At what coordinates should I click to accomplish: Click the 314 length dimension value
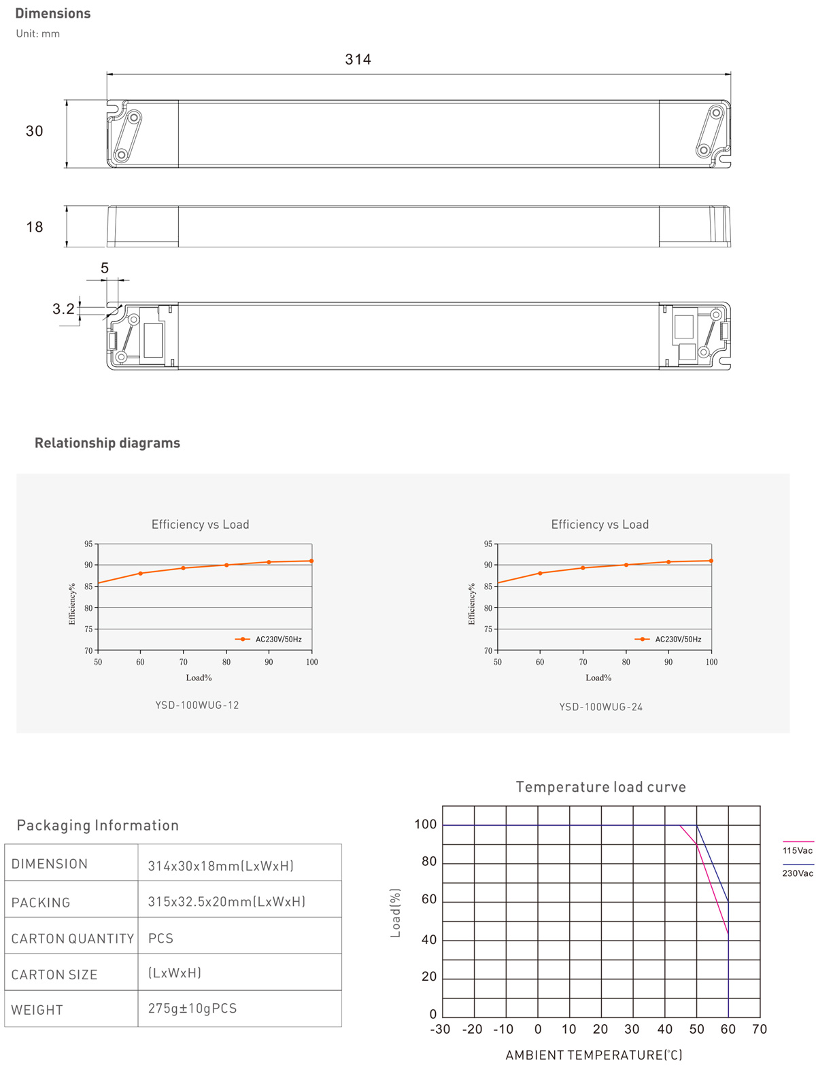(358, 60)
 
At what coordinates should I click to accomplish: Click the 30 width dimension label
(34, 131)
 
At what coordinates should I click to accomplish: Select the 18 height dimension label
(34, 227)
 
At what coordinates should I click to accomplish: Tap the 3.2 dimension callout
(63, 309)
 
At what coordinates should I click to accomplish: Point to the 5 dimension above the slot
(104, 268)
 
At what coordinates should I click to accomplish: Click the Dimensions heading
(52, 13)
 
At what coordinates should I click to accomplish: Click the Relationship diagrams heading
(107, 443)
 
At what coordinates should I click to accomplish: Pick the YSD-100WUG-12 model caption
(197, 705)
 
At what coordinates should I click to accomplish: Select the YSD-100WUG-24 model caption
(600, 707)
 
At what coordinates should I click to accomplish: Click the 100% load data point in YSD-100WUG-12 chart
(311, 561)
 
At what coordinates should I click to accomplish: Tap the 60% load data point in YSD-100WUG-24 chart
(540, 573)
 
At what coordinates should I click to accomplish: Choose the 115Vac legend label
(797, 850)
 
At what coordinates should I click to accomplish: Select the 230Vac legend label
(797, 873)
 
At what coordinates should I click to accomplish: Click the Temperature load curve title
(600, 787)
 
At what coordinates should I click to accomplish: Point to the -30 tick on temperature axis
(440, 1029)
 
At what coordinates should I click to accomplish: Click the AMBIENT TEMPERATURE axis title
(594, 1055)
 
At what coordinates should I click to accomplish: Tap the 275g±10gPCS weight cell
(192, 1008)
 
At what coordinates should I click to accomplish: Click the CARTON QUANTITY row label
(73, 939)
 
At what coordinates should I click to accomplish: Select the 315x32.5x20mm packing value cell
(226, 901)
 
